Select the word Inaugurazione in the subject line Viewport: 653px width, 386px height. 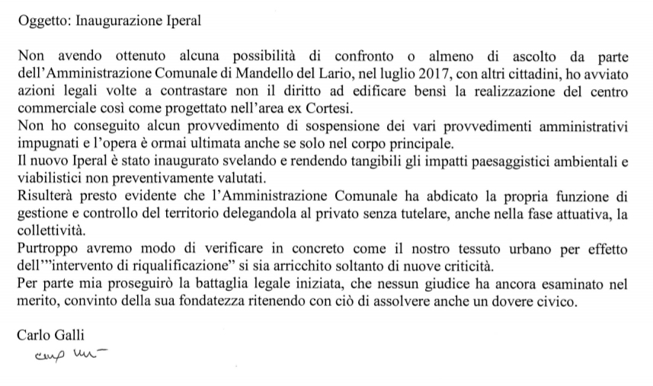pyautogui.click(x=119, y=21)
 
